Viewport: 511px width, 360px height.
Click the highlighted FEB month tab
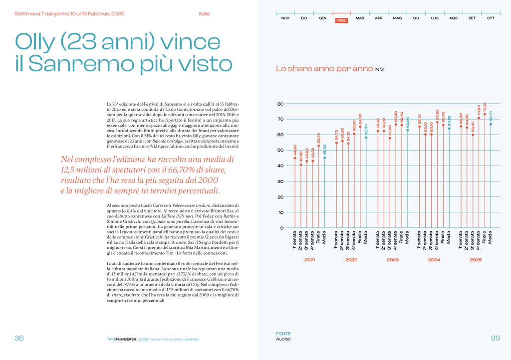point(342,20)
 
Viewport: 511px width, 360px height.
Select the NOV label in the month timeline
point(285,18)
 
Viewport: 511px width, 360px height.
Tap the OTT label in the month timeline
point(491,18)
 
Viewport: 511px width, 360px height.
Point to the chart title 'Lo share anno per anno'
point(324,69)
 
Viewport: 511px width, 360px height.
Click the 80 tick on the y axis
point(280,104)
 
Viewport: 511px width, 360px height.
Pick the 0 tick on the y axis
point(281,228)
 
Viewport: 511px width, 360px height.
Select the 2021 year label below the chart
point(309,260)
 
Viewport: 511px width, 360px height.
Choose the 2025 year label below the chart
point(476,260)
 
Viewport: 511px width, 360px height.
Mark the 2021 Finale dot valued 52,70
point(319,146)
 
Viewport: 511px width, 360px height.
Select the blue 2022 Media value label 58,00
point(366,131)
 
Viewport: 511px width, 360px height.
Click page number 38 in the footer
point(19,338)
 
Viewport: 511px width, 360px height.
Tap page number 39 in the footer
point(495,338)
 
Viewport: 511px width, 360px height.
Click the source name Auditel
point(283,340)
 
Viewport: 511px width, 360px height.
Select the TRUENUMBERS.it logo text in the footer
point(121,339)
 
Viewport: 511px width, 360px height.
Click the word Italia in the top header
point(204,13)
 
